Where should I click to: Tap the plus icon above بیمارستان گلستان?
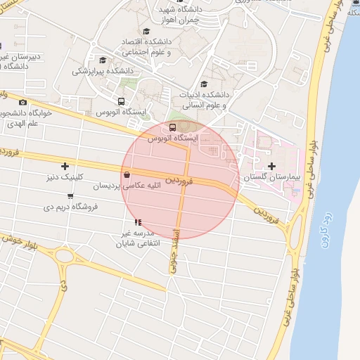point(272,166)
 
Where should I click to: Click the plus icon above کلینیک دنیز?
point(65,167)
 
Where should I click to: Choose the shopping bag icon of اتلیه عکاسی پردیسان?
point(127,175)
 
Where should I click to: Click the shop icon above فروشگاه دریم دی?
point(70,195)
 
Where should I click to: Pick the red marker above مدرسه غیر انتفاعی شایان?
point(137,222)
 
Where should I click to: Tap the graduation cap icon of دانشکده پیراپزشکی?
point(103,60)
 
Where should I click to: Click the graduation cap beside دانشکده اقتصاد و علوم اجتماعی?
point(146,32)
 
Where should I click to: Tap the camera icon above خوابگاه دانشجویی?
point(22,102)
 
